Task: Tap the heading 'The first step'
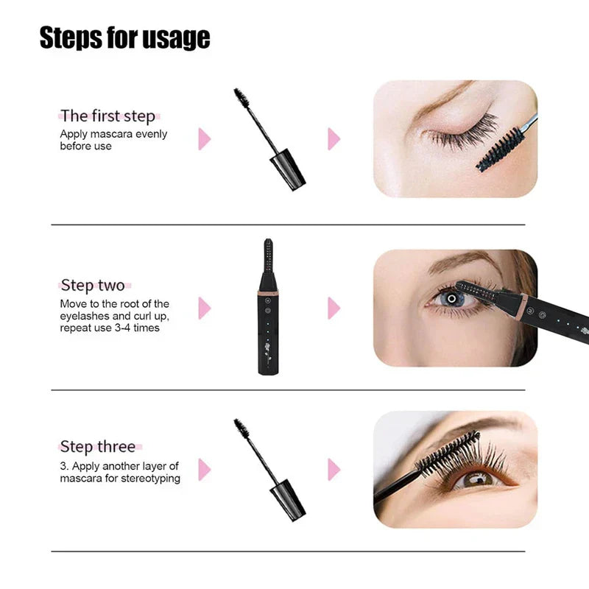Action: click(107, 116)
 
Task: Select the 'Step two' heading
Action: click(92, 285)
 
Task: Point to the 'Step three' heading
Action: click(97, 446)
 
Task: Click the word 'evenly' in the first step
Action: click(150, 134)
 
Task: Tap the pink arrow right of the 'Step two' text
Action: click(204, 308)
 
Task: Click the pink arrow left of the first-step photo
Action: click(334, 138)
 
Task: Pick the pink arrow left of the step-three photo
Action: click(334, 469)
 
